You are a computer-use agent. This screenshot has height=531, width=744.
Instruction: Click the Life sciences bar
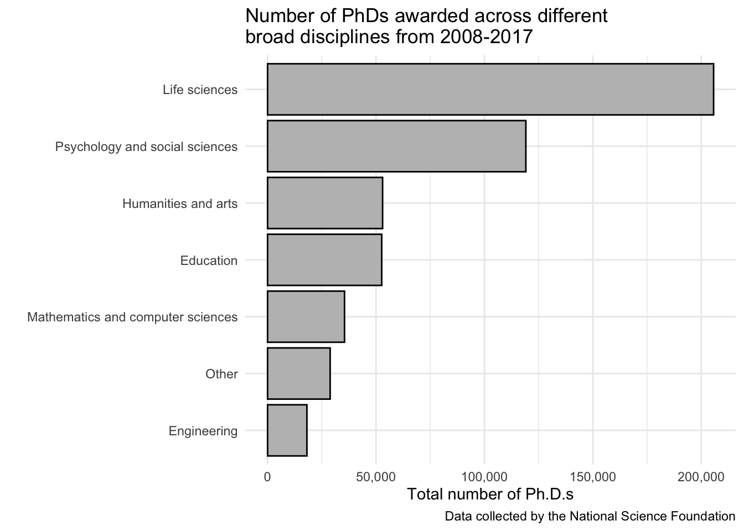(x=490, y=90)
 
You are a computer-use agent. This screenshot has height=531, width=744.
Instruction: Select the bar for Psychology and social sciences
(x=396, y=146)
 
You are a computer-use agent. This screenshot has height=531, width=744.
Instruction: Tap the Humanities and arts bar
(x=325, y=203)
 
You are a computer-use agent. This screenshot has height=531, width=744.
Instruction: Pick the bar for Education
(x=324, y=260)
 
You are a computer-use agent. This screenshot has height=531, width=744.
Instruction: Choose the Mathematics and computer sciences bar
(x=306, y=316)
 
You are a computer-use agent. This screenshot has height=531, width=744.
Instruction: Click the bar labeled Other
(x=298, y=373)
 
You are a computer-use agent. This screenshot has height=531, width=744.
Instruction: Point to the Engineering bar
(x=287, y=430)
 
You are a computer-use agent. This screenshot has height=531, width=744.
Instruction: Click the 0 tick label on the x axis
(x=267, y=476)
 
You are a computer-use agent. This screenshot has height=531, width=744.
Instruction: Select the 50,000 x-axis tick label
(x=376, y=476)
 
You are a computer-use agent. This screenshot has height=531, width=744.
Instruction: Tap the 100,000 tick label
(x=484, y=476)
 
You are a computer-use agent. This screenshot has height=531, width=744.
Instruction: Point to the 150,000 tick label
(x=593, y=476)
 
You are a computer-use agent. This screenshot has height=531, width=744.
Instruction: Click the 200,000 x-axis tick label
(x=701, y=476)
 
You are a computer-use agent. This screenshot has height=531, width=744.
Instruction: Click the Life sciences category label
(x=200, y=90)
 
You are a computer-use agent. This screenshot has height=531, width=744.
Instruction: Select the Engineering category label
(x=203, y=431)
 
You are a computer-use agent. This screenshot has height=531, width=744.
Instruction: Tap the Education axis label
(x=209, y=261)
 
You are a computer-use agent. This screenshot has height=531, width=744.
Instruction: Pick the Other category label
(x=221, y=374)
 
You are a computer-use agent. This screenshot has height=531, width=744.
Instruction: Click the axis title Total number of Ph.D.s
(x=490, y=494)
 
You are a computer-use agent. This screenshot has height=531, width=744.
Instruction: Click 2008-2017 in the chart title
(x=487, y=37)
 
